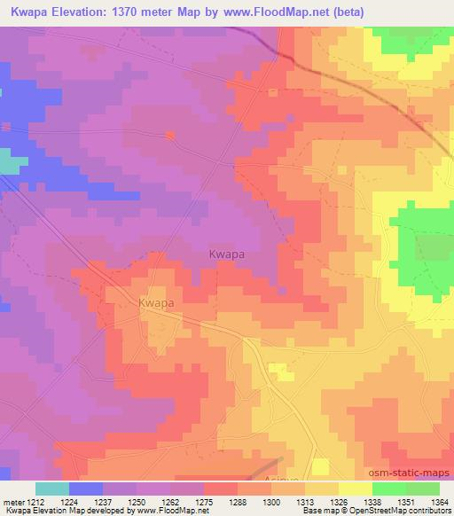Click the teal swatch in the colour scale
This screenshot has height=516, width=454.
click(52, 489)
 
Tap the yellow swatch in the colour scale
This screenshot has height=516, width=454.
click(356, 489)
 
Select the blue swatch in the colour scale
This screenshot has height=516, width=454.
click(86, 489)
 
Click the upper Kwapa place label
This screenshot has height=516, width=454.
click(226, 254)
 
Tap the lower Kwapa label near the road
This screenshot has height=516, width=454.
click(155, 303)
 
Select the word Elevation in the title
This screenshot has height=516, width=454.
click(80, 12)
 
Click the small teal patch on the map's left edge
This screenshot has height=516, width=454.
click(11, 162)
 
